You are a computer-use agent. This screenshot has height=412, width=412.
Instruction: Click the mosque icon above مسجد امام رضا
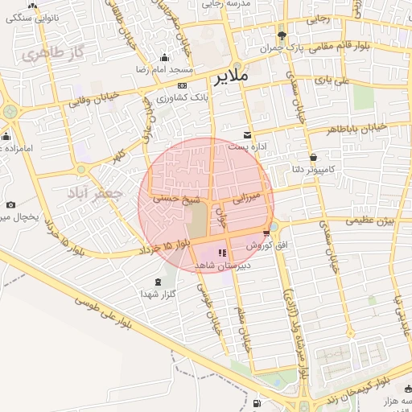point(165,57)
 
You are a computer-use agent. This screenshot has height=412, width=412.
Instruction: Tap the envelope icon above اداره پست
point(247,134)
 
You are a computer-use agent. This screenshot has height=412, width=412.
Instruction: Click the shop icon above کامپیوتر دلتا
point(312,157)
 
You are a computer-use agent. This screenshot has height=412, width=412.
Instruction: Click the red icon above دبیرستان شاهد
point(222,253)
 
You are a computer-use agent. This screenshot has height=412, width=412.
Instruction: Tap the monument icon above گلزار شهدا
point(158,282)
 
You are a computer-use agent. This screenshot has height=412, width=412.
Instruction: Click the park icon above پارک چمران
point(282,35)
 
